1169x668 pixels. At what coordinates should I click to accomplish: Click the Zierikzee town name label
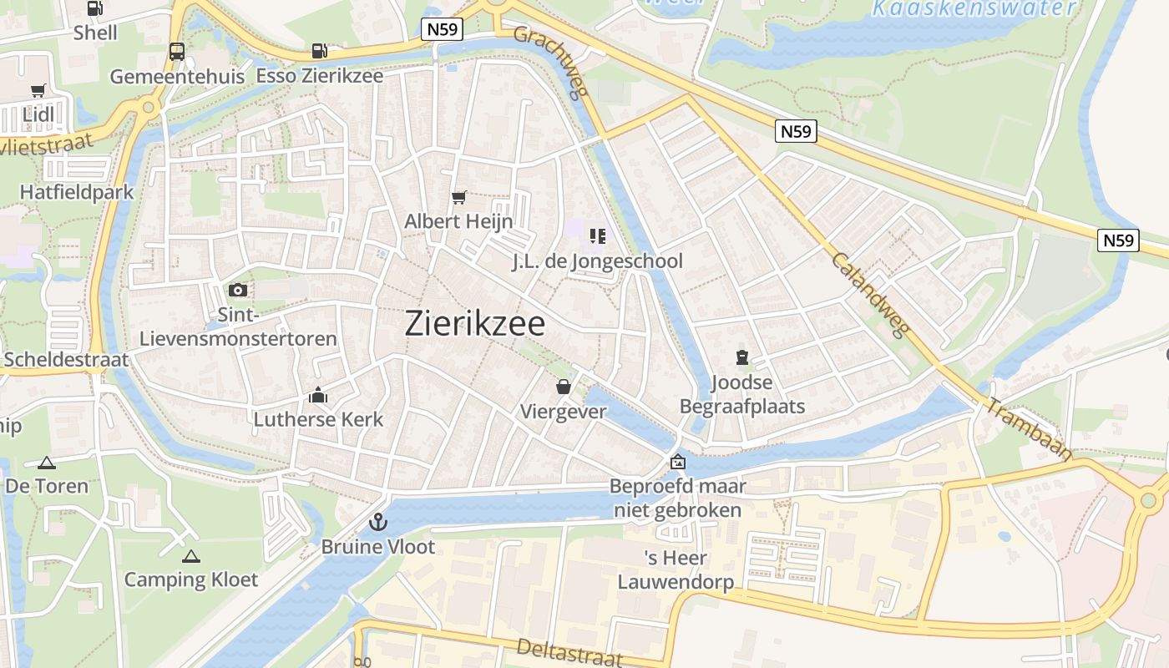click(x=475, y=324)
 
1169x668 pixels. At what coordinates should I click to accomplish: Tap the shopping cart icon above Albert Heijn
click(x=458, y=198)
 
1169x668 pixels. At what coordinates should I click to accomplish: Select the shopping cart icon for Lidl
click(x=38, y=90)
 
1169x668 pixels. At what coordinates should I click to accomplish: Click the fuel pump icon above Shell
click(x=95, y=9)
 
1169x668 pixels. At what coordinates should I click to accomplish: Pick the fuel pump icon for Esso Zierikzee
click(x=319, y=51)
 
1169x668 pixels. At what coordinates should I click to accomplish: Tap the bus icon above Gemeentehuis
click(x=177, y=52)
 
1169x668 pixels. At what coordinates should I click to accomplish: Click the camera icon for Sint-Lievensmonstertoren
click(x=238, y=290)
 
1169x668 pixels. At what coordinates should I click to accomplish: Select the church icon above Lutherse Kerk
click(x=318, y=395)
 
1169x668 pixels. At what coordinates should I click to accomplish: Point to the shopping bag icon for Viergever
click(x=564, y=387)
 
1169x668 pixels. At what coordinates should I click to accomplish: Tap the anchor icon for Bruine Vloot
click(x=378, y=523)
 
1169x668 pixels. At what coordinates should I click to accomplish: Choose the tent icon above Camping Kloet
click(x=191, y=556)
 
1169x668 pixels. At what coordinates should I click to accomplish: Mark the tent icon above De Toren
click(x=47, y=463)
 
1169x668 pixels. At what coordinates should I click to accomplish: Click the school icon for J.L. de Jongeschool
click(x=597, y=236)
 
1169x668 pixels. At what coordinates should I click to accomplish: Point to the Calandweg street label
click(x=869, y=295)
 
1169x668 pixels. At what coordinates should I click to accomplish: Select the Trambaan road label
click(x=1030, y=430)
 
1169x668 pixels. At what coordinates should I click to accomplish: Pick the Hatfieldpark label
click(x=77, y=192)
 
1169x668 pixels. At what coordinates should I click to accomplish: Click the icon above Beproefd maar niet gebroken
click(x=678, y=462)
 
